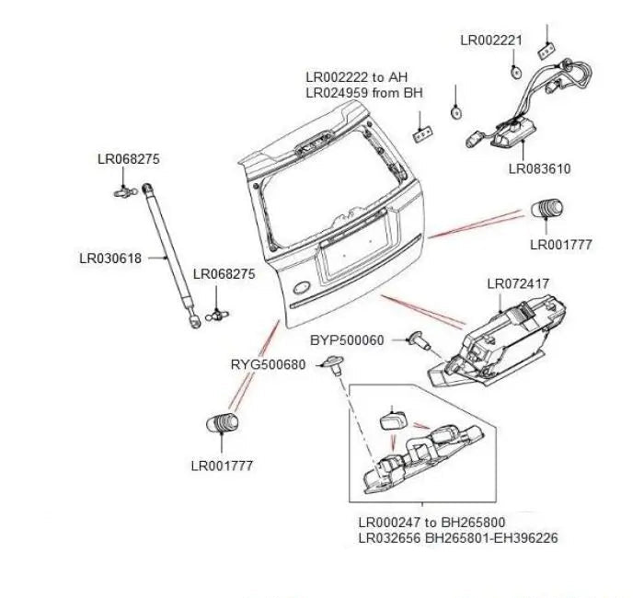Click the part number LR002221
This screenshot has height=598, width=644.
tap(491, 40)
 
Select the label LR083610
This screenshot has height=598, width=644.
tap(539, 169)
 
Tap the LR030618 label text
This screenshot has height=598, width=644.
tap(110, 259)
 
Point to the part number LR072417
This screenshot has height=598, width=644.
tap(518, 284)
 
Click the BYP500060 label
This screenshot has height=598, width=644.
tap(347, 340)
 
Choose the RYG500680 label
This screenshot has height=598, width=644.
tap(268, 364)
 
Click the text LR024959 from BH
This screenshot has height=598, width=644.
tap(358, 93)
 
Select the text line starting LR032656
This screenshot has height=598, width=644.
tap(456, 538)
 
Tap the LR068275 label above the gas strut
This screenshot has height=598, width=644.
tap(129, 159)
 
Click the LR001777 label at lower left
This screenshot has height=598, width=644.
tap(222, 466)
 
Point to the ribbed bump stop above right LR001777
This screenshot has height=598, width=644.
tap(548, 210)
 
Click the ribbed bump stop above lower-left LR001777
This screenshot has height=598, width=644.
tap(221, 424)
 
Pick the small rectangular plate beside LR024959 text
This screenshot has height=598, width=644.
tap(423, 133)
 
